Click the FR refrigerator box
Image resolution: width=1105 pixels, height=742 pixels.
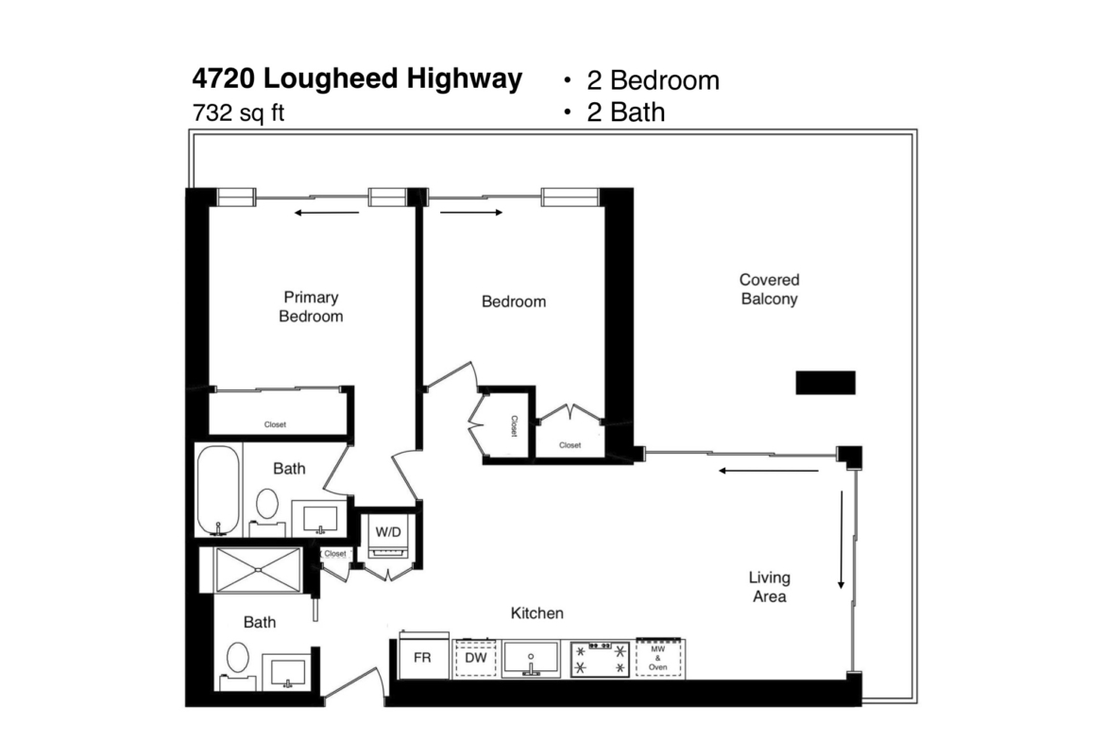click(x=423, y=656)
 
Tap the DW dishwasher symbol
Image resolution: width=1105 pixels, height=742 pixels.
click(x=476, y=658)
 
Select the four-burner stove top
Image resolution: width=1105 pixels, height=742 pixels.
click(x=600, y=659)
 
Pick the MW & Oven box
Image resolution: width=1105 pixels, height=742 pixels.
click(x=658, y=658)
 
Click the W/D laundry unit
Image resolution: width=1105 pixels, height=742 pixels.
click(x=387, y=536)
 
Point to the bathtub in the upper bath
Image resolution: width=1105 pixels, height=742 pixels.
click(x=218, y=491)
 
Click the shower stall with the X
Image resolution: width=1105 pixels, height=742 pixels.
click(x=258, y=569)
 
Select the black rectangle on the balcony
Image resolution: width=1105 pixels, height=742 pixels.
click(x=825, y=382)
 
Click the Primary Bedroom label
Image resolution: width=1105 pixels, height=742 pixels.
click(x=311, y=307)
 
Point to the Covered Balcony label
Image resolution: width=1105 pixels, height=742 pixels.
click(x=769, y=289)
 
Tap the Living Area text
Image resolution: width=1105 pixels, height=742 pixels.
click(x=769, y=587)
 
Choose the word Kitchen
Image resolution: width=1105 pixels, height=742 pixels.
click(x=537, y=613)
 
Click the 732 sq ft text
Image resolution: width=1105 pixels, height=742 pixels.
click(x=238, y=112)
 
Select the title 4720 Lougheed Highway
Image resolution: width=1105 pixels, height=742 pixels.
click(x=357, y=78)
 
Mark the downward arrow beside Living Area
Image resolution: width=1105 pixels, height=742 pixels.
click(x=841, y=541)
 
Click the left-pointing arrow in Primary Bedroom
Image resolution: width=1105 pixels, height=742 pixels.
click(x=327, y=213)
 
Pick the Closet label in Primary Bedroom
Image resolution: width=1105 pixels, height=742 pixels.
click(x=275, y=424)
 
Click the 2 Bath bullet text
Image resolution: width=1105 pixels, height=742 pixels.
click(x=626, y=112)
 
